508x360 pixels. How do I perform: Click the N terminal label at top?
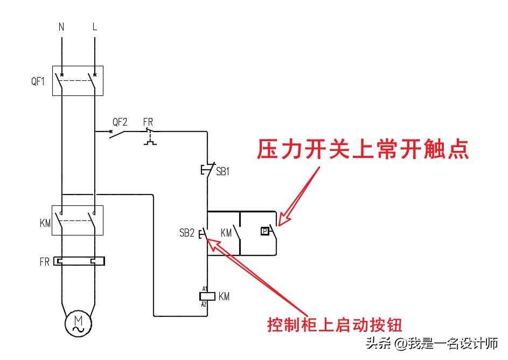click(x=61, y=26)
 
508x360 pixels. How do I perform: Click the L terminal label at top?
click(x=95, y=26)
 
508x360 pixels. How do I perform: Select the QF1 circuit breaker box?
click(x=78, y=81)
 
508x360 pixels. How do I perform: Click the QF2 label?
click(x=120, y=121)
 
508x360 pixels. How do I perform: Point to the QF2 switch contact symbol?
click(x=120, y=133)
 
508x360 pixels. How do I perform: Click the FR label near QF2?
click(x=148, y=121)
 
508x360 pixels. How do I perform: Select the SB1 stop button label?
click(x=222, y=172)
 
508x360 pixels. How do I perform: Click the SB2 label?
click(x=187, y=233)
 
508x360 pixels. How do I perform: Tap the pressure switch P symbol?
click(x=265, y=231)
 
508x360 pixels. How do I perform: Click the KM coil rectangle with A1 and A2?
click(x=207, y=296)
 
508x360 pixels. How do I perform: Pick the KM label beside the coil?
click(x=224, y=296)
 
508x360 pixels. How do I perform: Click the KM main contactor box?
click(x=78, y=220)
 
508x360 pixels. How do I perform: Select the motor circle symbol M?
click(x=78, y=322)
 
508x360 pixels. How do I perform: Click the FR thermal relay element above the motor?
click(x=78, y=262)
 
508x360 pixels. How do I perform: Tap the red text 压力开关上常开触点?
click(x=362, y=149)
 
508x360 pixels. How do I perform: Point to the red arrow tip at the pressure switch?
click(x=279, y=224)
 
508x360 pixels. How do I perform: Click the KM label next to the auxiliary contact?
click(x=227, y=233)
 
